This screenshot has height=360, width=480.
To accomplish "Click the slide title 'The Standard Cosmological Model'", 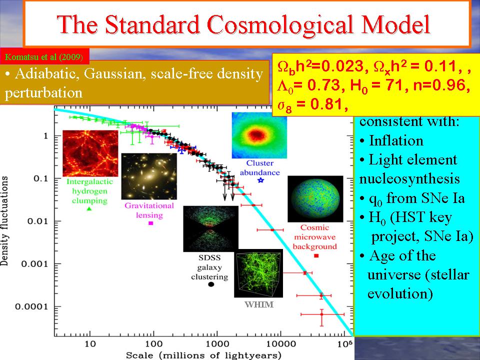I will [244, 24].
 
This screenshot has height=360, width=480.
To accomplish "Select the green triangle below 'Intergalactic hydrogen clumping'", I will [89, 209].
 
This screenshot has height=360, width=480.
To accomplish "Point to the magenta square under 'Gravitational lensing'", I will [150, 223].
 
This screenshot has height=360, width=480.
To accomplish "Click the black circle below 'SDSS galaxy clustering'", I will [211, 284].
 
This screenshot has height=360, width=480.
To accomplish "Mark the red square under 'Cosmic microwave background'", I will [316, 256].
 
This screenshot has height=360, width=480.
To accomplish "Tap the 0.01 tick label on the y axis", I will [38, 221].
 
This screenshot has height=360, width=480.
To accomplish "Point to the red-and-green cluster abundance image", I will [255, 135].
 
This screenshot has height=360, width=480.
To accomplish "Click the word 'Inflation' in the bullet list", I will [395, 140].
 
